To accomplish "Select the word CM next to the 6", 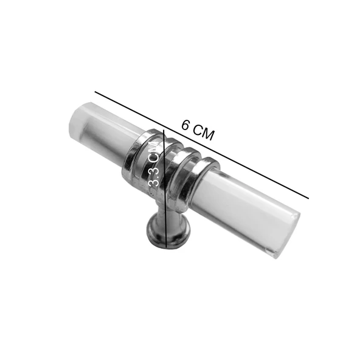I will coord(204,133).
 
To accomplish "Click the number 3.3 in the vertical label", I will coord(154,178).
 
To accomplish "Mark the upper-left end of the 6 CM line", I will coord(95,92).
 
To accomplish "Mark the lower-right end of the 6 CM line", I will coord(310,198).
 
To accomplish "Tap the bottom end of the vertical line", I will coord(167,249).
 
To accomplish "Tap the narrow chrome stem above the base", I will coord(162,210).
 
